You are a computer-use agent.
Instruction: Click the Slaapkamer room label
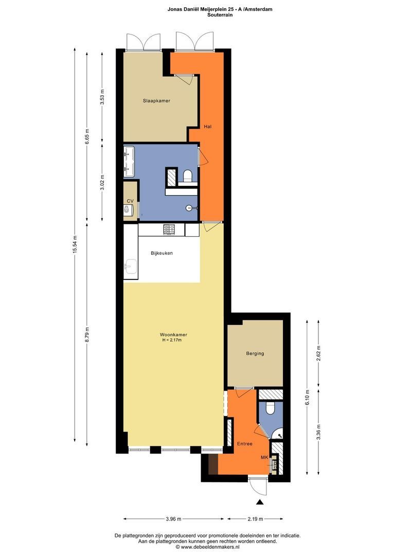coord(156,101)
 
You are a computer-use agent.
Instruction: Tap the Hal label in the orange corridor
coord(207,127)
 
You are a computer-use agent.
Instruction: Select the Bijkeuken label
coord(162,253)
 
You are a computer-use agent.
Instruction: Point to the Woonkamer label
coord(173,335)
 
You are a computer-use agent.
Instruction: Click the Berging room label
coord(255,354)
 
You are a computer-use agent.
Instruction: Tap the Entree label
coord(244,444)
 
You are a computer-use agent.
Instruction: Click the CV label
coord(130,201)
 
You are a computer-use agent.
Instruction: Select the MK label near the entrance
coord(264,458)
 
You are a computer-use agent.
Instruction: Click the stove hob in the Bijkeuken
coord(169,230)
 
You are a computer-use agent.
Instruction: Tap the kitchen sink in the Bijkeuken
coord(131,267)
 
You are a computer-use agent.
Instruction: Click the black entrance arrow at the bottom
coord(260,502)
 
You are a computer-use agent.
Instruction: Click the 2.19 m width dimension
coord(255,519)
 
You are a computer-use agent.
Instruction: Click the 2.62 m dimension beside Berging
coord(319,354)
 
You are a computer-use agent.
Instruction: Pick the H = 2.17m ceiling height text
coord(173,340)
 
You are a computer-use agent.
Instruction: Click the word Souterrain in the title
coord(220,15)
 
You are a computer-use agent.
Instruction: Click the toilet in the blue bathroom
coord(187,176)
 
